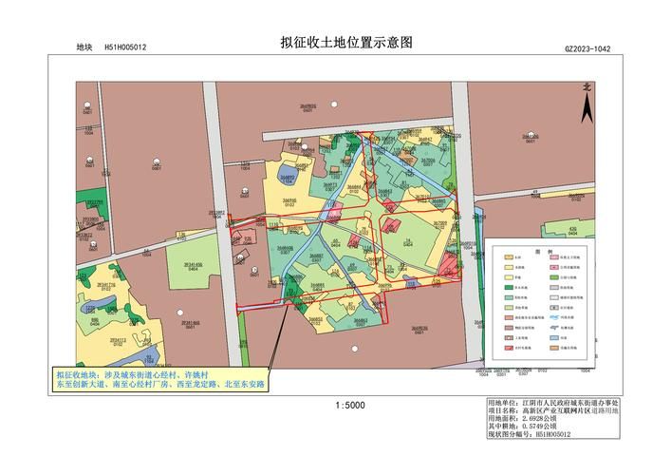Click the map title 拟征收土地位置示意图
point(346,43)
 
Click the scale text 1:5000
point(349,406)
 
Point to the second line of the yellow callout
point(160,386)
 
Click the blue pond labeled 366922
point(287,176)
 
